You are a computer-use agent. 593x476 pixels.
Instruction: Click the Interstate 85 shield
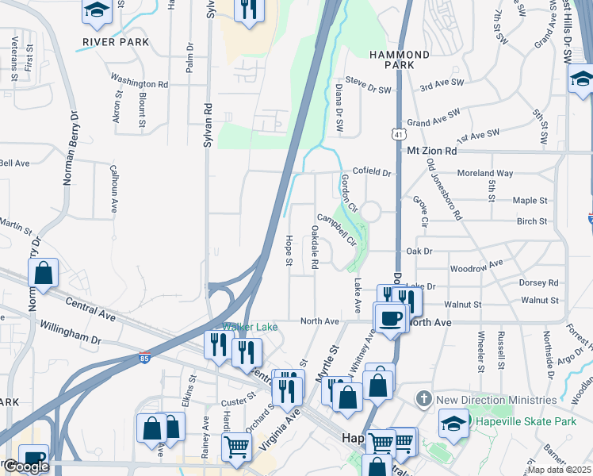[144, 358]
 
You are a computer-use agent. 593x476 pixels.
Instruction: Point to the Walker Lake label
[243, 327]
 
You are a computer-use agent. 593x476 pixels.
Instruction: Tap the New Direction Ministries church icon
[425, 398]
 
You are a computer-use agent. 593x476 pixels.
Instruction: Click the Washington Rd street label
[140, 81]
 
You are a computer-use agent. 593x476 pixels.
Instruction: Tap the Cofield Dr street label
[372, 172]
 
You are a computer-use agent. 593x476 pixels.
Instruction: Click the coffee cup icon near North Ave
[389, 317]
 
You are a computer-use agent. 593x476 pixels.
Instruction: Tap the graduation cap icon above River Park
[97, 11]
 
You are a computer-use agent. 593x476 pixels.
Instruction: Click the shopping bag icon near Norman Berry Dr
[44, 272]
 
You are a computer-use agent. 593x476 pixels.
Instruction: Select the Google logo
[26, 466]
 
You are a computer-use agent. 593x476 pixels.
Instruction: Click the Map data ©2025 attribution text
[558, 470]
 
